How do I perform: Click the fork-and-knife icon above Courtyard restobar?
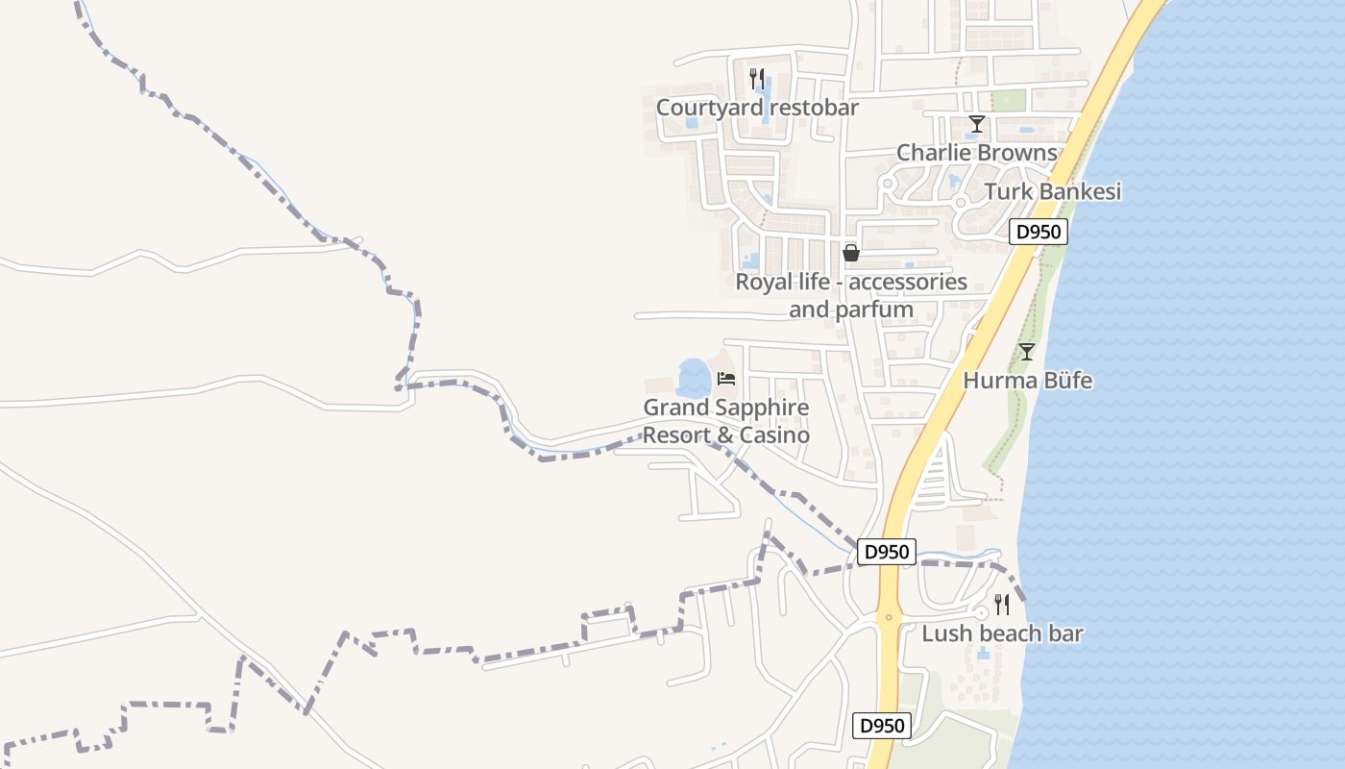[x=757, y=79]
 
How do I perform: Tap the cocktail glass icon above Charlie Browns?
[x=977, y=124]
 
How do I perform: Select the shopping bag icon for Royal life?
[x=850, y=253]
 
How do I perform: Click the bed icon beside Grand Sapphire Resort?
[x=726, y=379]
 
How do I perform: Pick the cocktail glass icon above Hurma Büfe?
[x=1027, y=352]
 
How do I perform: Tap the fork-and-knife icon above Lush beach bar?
[x=1002, y=605]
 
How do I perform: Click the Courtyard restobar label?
[x=757, y=108]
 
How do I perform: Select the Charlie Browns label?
[x=976, y=153]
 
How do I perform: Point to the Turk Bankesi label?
[x=1052, y=191]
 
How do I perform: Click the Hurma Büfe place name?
[x=1027, y=381]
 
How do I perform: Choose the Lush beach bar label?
[x=1002, y=634]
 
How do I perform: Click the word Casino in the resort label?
[x=775, y=435]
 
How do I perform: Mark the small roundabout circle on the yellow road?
[x=889, y=617]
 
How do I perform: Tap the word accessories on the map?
[x=908, y=283]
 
